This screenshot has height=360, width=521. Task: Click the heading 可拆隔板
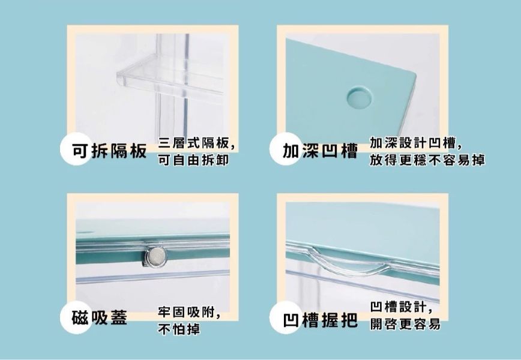pyautogui.click(x=109, y=151)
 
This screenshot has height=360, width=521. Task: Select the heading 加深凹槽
pyautogui.click(x=320, y=151)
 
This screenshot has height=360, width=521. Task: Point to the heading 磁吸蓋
pyautogui.click(x=100, y=317)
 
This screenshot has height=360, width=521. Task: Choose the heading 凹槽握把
pyautogui.click(x=320, y=320)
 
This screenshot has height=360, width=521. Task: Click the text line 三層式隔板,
pyautogui.click(x=197, y=143)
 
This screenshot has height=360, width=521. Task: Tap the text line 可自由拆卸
pyautogui.click(x=193, y=160)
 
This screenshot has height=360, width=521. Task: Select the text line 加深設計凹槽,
pyautogui.click(x=416, y=143)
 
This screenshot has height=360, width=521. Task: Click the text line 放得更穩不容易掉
pyautogui.click(x=427, y=160)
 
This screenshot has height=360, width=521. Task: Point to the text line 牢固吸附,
pyautogui.click(x=189, y=312)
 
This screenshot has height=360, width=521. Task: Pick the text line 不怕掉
pyautogui.click(x=179, y=329)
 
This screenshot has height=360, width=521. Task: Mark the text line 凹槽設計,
pyautogui.click(x=402, y=307)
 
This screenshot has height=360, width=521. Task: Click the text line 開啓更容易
pyautogui.click(x=405, y=324)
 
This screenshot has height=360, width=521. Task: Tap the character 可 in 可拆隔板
pyautogui.click(x=81, y=151)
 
